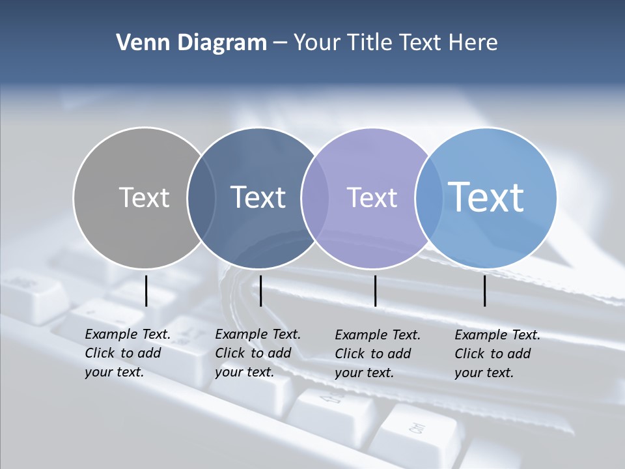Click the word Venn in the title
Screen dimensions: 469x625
(x=137, y=43)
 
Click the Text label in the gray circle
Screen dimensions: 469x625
(x=144, y=197)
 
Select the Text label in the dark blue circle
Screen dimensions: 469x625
(x=258, y=197)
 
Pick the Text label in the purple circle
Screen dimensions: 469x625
(x=372, y=197)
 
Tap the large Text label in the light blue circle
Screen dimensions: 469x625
(x=486, y=197)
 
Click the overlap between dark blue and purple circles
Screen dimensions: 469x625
(x=315, y=197)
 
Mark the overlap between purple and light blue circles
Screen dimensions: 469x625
(x=427, y=197)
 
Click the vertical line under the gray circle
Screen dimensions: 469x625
(x=146, y=291)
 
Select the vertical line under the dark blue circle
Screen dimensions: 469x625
(x=260, y=291)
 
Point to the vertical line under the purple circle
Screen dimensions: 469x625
(x=375, y=291)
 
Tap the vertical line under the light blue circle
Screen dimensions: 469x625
(x=485, y=291)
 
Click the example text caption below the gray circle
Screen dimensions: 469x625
(x=128, y=353)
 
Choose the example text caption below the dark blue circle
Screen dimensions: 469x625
(x=258, y=353)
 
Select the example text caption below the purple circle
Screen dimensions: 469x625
(x=378, y=354)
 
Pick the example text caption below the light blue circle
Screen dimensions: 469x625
(x=497, y=354)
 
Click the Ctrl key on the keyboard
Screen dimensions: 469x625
(x=417, y=429)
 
